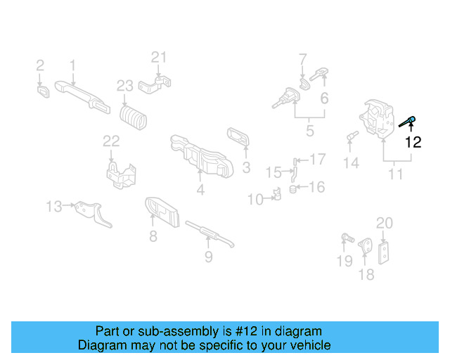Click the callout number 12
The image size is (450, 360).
[x=413, y=142]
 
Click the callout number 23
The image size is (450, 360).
[x=124, y=86]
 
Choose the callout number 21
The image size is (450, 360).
[x=160, y=57]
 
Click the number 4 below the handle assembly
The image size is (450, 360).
[x=200, y=189]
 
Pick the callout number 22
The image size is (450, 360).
[x=112, y=141]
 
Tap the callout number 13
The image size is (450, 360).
[x=54, y=206]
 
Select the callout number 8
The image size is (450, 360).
[x=153, y=236]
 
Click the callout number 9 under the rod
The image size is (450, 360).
[x=208, y=257]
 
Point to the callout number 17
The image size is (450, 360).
[x=318, y=160]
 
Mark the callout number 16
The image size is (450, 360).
[x=317, y=187]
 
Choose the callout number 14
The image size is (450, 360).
[x=351, y=163]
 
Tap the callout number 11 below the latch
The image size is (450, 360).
[x=396, y=173]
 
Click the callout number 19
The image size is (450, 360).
[x=344, y=262]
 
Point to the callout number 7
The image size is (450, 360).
[x=303, y=58]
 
